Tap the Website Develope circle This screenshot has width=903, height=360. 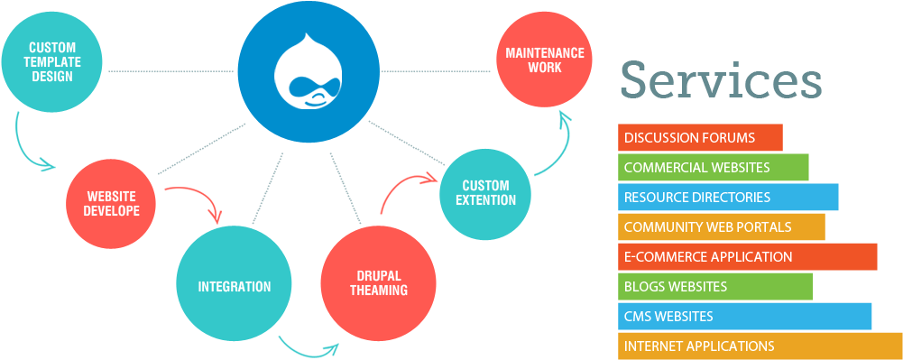pyautogui.click(x=112, y=203)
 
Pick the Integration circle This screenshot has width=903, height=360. pyautogui.click(x=235, y=286)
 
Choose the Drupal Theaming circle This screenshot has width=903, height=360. pyautogui.click(x=378, y=283)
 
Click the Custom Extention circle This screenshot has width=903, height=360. pyautogui.click(x=484, y=193)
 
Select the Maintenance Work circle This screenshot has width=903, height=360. pyautogui.click(x=544, y=60)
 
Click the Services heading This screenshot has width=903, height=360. pyautogui.click(x=720, y=80)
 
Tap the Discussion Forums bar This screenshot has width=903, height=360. pyautogui.click(x=700, y=138)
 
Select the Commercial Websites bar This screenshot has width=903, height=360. pyautogui.click(x=713, y=168)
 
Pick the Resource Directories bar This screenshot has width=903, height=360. pyautogui.click(x=728, y=197)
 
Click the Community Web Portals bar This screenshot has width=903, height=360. pyautogui.click(x=721, y=226)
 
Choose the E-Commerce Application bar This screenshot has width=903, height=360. pyautogui.click(x=747, y=256)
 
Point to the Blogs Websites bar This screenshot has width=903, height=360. pyautogui.click(x=714, y=286)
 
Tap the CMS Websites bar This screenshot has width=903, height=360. pyautogui.click(x=744, y=316)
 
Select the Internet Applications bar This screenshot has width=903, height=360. pyautogui.click(x=760, y=346)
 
